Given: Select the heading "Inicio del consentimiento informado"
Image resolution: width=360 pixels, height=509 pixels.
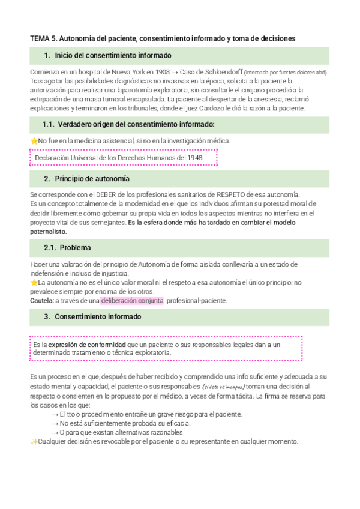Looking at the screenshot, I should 113,56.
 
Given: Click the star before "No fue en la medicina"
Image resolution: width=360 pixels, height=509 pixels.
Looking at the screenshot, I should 34,141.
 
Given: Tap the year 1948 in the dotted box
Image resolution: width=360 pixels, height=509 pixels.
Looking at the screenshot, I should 193,158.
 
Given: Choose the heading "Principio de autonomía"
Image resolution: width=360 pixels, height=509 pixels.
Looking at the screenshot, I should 92,179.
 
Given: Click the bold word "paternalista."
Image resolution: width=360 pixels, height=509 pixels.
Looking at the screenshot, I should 49,231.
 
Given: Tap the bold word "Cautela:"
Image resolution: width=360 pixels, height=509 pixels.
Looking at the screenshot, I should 41,301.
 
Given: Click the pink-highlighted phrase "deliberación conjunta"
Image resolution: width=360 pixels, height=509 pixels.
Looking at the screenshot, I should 132,301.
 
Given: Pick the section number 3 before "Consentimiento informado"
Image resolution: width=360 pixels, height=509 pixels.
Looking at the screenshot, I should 46,316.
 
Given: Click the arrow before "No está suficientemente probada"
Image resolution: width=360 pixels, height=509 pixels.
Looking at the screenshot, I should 56,423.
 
